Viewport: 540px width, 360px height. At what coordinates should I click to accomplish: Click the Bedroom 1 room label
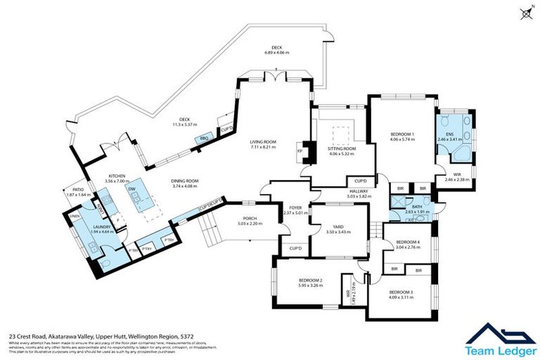click(403, 134)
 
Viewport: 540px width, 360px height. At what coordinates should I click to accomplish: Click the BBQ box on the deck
click(205, 139)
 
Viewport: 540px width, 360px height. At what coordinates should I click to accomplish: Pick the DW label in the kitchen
click(131, 188)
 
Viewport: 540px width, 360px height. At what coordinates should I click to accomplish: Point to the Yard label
click(337, 226)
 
